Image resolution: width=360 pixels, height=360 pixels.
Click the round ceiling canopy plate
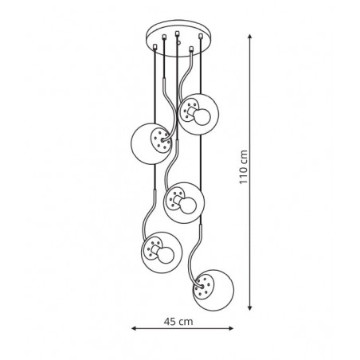[x=178, y=38]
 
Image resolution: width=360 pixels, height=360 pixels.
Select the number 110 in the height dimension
[x=244, y=174]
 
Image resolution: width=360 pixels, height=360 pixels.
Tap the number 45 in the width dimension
[x=170, y=322]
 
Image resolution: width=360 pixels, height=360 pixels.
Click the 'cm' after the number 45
[x=186, y=322]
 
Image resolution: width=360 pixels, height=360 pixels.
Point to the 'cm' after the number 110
[x=244, y=157]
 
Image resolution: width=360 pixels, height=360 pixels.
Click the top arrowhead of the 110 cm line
[x=249, y=37]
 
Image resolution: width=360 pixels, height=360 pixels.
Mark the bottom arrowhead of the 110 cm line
[x=249, y=307]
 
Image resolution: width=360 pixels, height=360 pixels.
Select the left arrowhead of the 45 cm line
[x=134, y=328]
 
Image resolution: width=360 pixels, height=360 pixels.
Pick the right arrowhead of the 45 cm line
[x=231, y=328]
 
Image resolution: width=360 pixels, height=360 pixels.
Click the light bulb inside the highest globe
[x=202, y=117]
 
